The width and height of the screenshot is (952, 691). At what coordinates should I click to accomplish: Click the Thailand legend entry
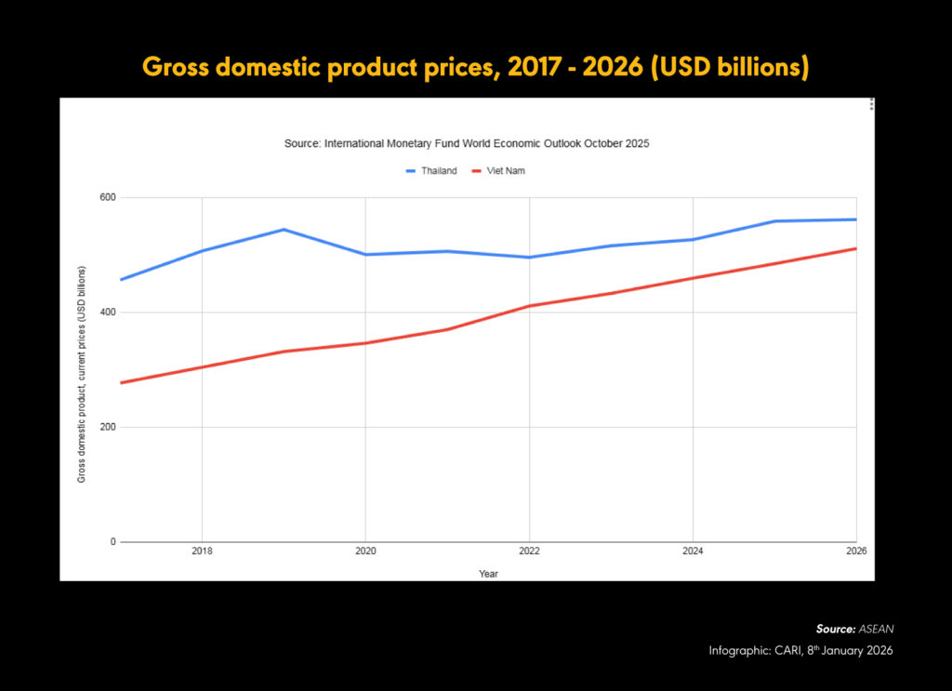click(432, 171)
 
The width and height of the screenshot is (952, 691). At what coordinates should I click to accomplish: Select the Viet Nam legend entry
click(500, 171)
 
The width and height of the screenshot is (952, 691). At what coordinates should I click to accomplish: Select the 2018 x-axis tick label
click(202, 551)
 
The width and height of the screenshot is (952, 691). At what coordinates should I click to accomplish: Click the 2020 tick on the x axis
click(365, 551)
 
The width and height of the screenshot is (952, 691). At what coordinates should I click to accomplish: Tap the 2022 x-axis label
click(529, 551)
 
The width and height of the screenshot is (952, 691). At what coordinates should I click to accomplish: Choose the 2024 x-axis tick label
click(693, 551)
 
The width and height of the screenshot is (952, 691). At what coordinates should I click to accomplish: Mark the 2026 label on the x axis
click(855, 551)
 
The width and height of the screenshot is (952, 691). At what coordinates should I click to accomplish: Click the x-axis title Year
click(488, 574)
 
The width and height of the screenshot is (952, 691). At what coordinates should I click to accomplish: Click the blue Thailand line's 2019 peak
click(284, 229)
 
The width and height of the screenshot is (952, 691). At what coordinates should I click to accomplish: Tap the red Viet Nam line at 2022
click(529, 306)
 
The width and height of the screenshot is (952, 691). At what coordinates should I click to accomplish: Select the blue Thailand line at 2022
click(529, 258)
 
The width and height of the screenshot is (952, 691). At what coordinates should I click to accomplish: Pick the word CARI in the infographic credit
click(784, 651)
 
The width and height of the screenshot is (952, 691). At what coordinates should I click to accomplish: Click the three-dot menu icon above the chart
click(871, 104)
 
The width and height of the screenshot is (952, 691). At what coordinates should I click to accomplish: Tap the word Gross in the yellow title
click(178, 68)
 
